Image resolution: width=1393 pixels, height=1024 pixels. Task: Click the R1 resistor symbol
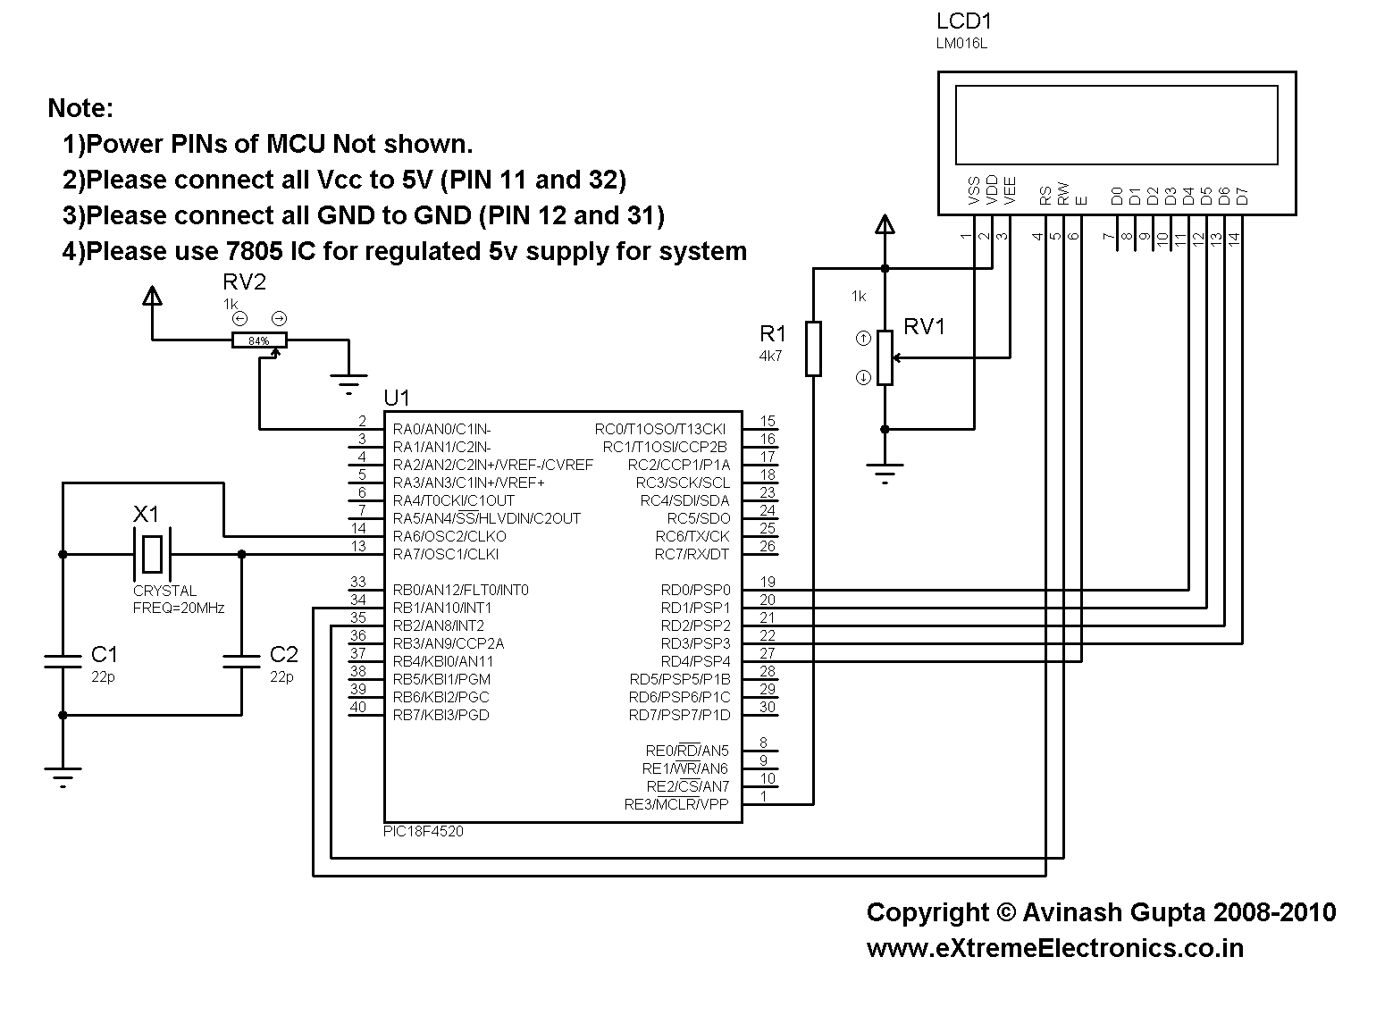[813, 348]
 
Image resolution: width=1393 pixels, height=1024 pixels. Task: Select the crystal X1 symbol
[153, 554]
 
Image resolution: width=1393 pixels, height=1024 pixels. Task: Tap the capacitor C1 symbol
[63, 661]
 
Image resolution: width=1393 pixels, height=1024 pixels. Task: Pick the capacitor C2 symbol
[241, 661]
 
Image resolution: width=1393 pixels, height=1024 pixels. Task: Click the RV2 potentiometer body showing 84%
[259, 340]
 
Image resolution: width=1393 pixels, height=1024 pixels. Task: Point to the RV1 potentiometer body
[885, 357]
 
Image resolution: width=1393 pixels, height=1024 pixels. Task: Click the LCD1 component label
[964, 21]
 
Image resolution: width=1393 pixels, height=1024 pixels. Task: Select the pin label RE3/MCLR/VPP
[676, 804]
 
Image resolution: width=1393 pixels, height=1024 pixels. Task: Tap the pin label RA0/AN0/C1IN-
[442, 429]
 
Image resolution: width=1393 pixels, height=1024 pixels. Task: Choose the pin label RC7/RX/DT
[692, 554]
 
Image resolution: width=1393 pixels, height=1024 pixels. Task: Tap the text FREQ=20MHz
[179, 609]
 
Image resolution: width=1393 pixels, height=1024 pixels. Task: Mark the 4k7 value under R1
[770, 357]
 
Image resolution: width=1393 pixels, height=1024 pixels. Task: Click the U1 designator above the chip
[397, 397]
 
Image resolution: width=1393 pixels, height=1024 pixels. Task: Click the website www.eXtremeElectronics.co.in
[1054, 948]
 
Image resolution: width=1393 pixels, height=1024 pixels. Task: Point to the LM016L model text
[961, 43]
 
